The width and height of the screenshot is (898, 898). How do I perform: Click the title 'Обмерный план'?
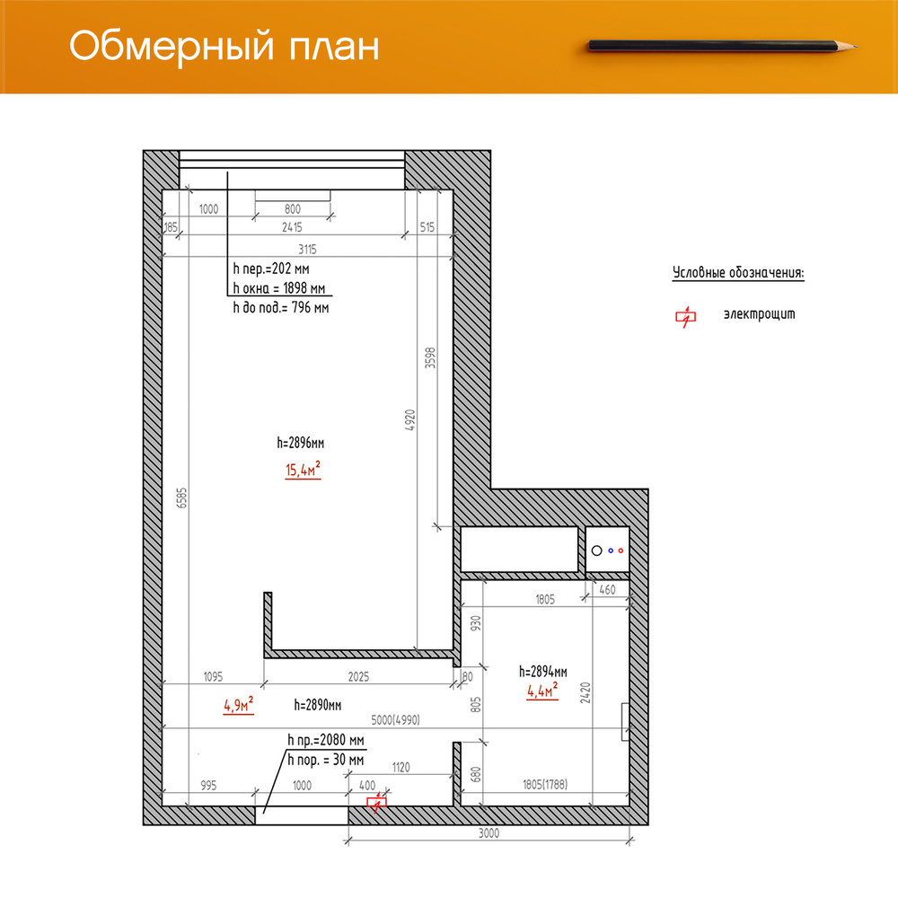coord(224,46)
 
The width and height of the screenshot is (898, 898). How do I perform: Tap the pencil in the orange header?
coord(723,45)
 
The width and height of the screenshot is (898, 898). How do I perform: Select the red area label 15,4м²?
coord(303,469)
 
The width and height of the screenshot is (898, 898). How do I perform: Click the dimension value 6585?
coord(181,497)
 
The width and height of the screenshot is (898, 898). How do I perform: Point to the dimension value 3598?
coord(430,357)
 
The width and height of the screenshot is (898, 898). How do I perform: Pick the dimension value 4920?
coord(410,419)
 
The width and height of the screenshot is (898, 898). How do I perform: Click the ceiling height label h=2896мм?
coord(301,443)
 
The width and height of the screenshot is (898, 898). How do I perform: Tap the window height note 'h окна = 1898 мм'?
coord(279,288)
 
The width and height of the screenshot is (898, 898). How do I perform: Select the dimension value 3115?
coord(307,249)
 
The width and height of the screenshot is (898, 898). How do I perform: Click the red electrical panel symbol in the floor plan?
coord(376,802)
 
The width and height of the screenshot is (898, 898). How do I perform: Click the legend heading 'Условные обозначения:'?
coord(738,273)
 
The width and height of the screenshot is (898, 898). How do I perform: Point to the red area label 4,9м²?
coord(238,704)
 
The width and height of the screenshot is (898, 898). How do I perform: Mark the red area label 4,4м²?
coord(542,690)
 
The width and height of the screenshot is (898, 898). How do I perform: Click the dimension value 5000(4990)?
coord(395,720)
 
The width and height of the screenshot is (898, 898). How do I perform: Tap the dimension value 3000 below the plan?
coord(489,833)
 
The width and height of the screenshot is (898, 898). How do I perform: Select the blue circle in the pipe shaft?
coord(611,550)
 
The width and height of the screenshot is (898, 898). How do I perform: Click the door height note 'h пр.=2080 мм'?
coord(326,740)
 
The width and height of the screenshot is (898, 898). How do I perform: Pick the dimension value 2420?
coord(585,692)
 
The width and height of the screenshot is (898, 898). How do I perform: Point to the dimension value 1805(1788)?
coord(545,785)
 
